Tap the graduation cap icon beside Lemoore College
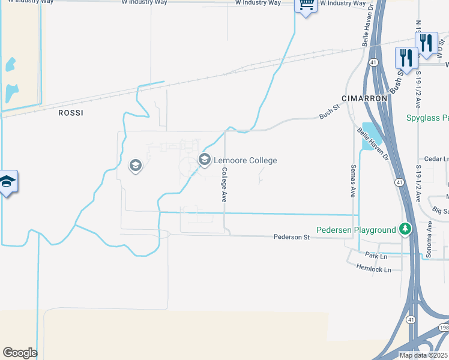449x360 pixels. (x=204, y=159)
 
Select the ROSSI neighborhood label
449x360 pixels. (x=70, y=113)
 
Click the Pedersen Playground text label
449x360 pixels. (x=356, y=230)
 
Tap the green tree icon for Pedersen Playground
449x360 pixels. (x=406, y=229)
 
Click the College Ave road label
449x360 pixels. (x=224, y=184)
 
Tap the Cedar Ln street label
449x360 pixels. (x=436, y=159)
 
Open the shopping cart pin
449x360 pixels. (x=306, y=5)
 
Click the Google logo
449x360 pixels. (x=20, y=353)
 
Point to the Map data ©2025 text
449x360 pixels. (x=423, y=355)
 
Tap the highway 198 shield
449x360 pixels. (x=444, y=328)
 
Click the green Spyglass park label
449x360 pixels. (x=427, y=118)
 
